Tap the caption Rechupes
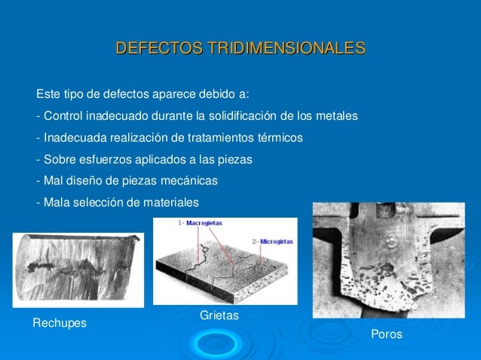coord(60,323)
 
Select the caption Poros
coord(387,334)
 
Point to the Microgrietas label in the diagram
coord(272,240)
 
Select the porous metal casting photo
coord(388,260)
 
